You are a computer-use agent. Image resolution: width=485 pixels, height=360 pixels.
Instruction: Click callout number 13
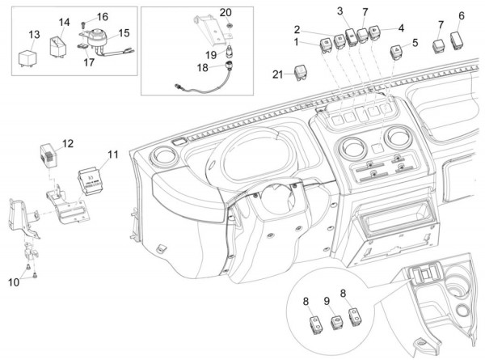click(x=33, y=34)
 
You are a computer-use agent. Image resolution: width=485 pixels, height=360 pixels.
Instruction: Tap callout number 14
click(x=65, y=22)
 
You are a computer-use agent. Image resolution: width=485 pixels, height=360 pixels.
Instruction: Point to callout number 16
click(x=103, y=17)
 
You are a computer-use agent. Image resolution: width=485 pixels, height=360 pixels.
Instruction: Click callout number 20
click(x=226, y=12)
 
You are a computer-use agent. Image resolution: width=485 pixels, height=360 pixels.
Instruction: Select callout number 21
click(x=277, y=74)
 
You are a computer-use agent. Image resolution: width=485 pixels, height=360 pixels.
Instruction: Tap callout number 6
click(x=462, y=15)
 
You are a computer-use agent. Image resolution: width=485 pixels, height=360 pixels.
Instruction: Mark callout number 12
click(x=68, y=143)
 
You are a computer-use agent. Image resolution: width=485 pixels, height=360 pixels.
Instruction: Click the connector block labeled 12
click(x=49, y=155)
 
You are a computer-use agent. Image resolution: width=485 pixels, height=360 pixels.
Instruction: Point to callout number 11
click(x=112, y=153)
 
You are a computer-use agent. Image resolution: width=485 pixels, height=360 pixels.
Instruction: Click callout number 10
click(x=13, y=282)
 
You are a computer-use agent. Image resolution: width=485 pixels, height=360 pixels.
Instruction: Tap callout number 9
click(x=327, y=301)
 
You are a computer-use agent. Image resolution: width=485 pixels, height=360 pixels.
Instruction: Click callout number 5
click(x=415, y=42)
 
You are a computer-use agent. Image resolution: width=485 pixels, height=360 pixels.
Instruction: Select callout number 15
click(x=124, y=33)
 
